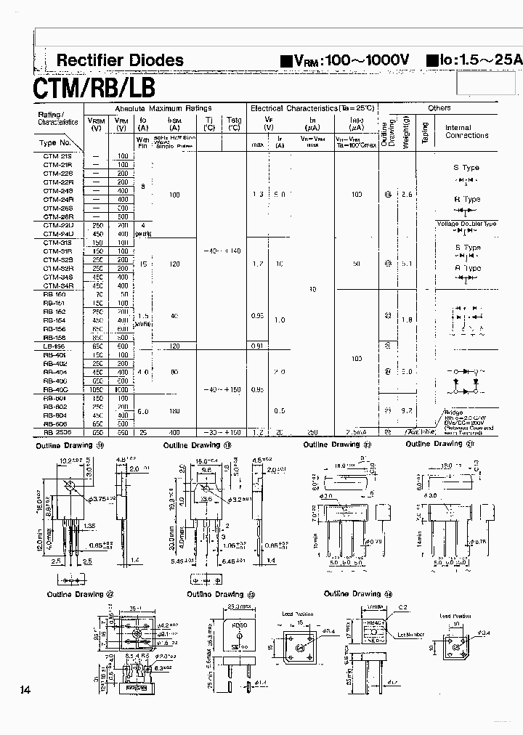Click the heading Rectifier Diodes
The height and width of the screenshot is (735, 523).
(x=120, y=61)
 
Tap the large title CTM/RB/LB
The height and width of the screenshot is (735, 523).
(x=94, y=88)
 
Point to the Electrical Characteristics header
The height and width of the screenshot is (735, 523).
(x=312, y=107)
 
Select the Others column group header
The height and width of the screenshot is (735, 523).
(x=439, y=107)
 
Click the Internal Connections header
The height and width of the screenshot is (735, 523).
(x=466, y=131)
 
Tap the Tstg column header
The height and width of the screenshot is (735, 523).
(x=234, y=124)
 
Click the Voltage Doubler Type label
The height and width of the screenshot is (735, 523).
(x=466, y=224)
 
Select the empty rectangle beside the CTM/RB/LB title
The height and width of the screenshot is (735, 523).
(x=488, y=86)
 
